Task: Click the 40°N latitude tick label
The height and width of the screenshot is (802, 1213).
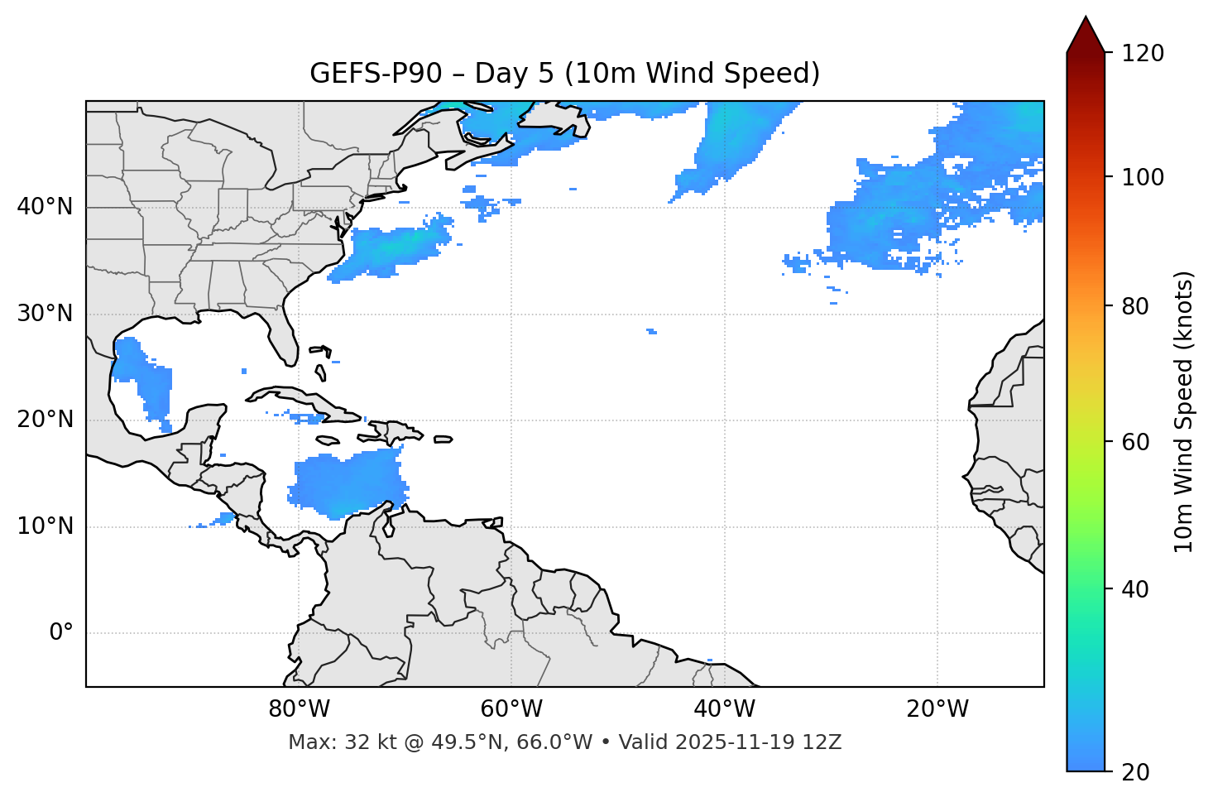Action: tap(45, 207)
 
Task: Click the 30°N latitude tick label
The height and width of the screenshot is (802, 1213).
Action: tap(45, 314)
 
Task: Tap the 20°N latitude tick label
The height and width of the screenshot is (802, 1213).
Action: tap(45, 420)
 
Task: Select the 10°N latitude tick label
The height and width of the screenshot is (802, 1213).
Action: tap(45, 526)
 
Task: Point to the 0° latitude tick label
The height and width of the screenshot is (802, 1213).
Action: tap(61, 632)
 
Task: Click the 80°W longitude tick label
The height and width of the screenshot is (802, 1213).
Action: tap(299, 709)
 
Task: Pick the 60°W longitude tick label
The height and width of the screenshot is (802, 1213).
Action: tap(511, 709)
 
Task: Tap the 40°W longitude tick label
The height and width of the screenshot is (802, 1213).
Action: tap(724, 709)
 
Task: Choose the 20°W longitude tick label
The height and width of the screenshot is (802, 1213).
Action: tap(937, 709)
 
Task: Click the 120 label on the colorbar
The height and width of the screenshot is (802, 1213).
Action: tap(1144, 53)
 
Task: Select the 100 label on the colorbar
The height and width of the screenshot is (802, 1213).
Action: tap(1144, 177)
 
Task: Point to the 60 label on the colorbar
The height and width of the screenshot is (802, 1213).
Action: tap(1137, 442)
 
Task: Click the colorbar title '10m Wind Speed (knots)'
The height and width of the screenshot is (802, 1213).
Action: tap(1184, 412)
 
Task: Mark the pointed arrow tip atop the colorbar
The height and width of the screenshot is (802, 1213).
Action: tap(1086, 18)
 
